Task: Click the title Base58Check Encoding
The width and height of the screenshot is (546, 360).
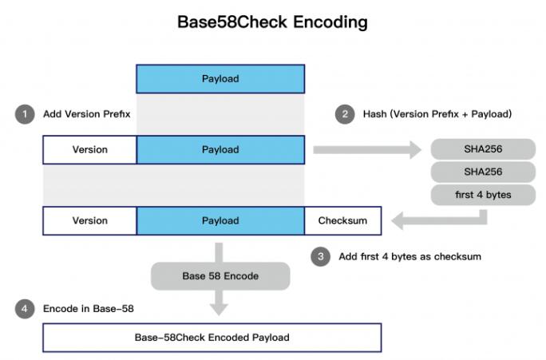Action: [272, 22]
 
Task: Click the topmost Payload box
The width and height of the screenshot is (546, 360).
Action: [220, 79]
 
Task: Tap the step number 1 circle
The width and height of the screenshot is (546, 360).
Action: [25, 114]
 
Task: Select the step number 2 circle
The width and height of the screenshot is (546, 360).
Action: [345, 114]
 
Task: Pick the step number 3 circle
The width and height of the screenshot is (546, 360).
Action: [320, 256]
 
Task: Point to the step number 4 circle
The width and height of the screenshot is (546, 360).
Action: [25, 309]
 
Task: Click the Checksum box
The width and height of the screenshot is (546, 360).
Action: [343, 221]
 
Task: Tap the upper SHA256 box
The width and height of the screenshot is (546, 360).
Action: [483, 149]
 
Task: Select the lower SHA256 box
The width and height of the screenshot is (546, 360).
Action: [483, 172]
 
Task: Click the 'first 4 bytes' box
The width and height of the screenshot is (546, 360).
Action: [483, 195]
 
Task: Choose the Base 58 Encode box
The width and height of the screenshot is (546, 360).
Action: [220, 276]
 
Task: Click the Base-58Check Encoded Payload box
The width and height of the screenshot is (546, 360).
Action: [212, 338]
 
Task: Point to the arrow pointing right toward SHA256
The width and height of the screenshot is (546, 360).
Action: [367, 150]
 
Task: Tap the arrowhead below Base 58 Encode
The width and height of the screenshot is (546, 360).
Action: [219, 310]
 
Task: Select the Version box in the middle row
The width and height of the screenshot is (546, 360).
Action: [90, 150]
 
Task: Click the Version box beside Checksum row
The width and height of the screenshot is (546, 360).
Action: [90, 221]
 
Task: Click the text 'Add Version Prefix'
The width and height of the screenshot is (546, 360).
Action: [87, 114]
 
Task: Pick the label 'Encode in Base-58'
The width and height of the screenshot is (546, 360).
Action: [89, 309]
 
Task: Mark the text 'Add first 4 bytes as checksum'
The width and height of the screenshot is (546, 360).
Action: [409, 256]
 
